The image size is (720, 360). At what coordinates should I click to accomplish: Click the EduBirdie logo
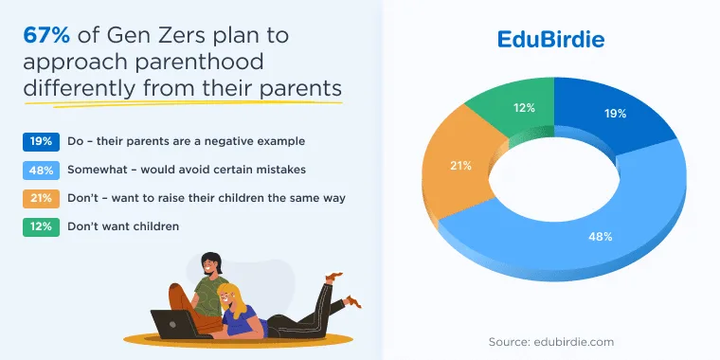tap(550, 40)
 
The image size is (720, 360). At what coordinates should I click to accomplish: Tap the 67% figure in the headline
tap(46, 35)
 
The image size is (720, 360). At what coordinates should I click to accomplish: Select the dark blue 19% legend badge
tap(41, 142)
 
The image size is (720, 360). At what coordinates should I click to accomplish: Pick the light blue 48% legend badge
tap(41, 171)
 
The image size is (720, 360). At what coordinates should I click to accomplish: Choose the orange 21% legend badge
tap(41, 199)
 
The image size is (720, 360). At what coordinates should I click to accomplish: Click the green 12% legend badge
tap(41, 227)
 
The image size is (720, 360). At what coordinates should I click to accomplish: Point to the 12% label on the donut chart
tap(525, 108)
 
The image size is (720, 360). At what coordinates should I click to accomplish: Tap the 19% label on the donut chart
tap(615, 114)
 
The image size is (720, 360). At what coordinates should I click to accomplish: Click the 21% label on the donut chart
tap(460, 166)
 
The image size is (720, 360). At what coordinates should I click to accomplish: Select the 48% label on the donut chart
tap(601, 237)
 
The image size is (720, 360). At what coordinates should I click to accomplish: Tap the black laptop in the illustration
tap(175, 324)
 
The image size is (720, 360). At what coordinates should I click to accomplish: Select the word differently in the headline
tap(80, 89)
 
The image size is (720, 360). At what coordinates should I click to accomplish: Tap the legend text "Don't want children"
tap(123, 226)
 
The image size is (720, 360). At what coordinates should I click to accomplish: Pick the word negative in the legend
tap(223, 141)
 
